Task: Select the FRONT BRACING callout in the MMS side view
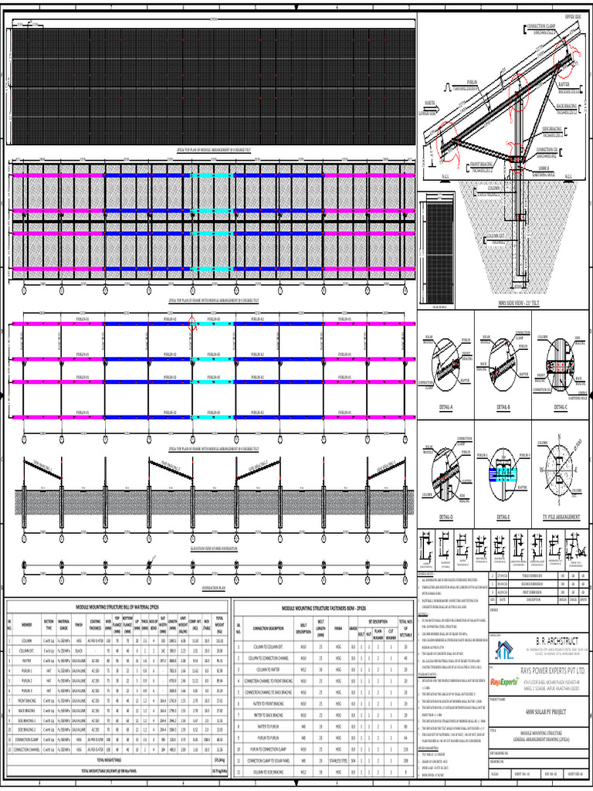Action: coord(480,164)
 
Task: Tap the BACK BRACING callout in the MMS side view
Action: coord(567,107)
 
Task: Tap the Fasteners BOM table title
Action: coord(334,609)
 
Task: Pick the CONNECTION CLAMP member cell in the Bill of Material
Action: coord(27,760)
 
